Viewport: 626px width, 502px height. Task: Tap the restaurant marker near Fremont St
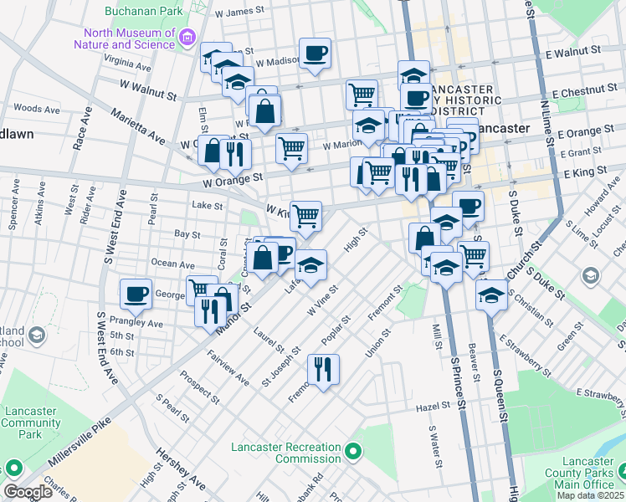pyautogui.click(x=322, y=369)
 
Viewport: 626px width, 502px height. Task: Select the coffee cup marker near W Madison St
pyautogui.click(x=315, y=54)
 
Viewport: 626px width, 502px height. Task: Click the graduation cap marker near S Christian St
pyautogui.click(x=491, y=294)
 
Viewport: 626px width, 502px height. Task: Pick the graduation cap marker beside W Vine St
pyautogui.click(x=311, y=264)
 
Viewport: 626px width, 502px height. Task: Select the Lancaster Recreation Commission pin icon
pyautogui.click(x=354, y=453)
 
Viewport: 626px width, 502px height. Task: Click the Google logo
pyautogui.click(x=28, y=492)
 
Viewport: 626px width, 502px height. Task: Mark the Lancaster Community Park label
pyautogui.click(x=31, y=423)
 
